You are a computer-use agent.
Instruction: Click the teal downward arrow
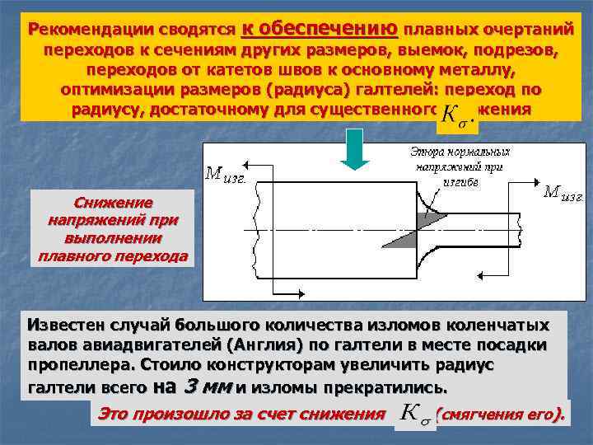click(x=356, y=148)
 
